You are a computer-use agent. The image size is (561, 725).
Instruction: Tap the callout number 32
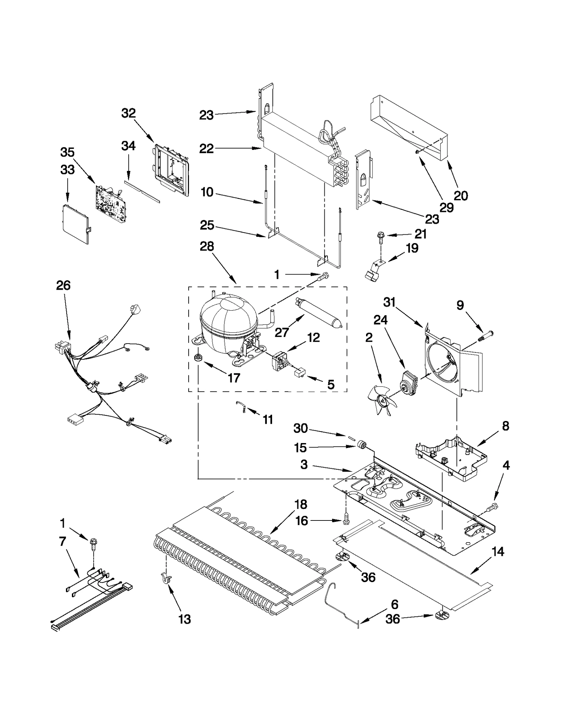128,113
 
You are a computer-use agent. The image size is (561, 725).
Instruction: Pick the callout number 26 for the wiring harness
63,285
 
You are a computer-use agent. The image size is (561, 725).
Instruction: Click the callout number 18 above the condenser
301,505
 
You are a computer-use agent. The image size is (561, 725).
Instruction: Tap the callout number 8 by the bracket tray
505,426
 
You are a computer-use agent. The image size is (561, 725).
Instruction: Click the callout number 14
498,552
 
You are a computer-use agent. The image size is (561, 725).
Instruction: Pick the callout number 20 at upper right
461,196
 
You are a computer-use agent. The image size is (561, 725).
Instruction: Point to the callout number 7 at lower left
62,541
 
